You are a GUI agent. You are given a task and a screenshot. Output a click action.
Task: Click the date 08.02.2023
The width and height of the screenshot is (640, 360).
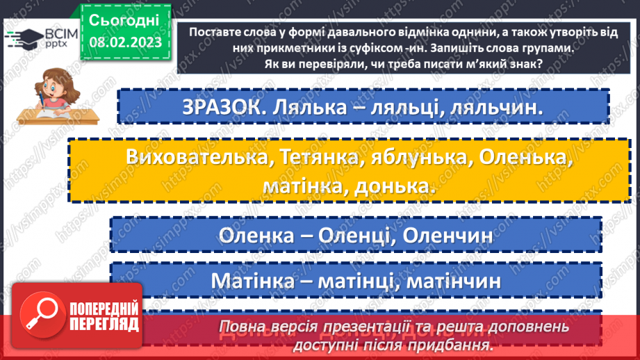(125, 42)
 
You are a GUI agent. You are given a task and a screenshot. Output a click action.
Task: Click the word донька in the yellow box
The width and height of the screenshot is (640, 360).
(394, 186)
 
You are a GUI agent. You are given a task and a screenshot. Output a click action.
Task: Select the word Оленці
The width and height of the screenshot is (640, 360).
(354, 235)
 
